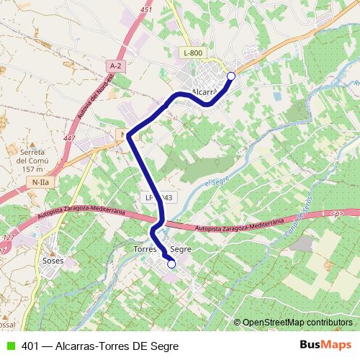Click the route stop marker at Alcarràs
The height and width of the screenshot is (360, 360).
coord(231,76)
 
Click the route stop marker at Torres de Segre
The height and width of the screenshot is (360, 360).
coord(171,264)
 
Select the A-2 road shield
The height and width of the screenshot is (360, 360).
coord(114,67)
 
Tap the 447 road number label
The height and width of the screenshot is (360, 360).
coord(70,138)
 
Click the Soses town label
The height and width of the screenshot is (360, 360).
coord(53,260)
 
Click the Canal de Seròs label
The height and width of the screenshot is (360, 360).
coord(298,220)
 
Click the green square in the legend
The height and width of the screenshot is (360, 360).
coord(9,346)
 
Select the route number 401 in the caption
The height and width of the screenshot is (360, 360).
coord(30,346)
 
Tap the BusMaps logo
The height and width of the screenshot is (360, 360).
coord(326,345)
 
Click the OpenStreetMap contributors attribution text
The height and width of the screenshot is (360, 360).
coord(297,323)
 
